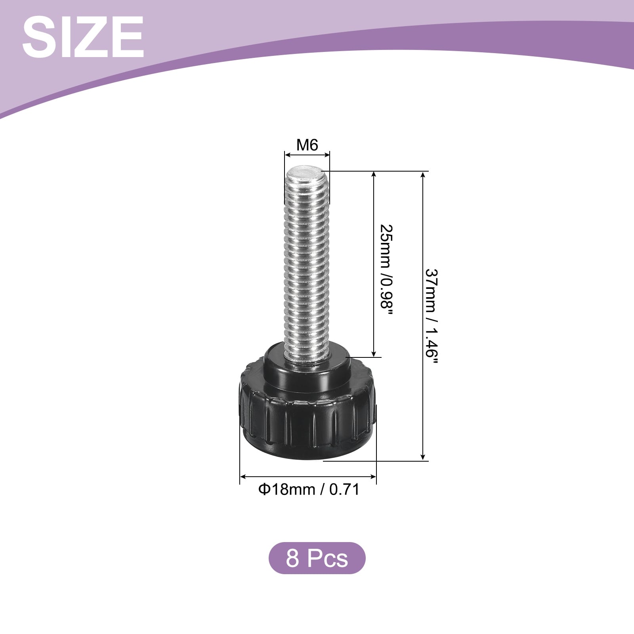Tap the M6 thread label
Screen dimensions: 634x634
[x=307, y=145]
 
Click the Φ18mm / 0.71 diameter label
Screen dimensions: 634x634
[x=309, y=489]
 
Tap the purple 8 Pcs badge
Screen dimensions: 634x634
[x=317, y=558]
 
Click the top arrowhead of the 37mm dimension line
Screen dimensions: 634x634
[x=423, y=176]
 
